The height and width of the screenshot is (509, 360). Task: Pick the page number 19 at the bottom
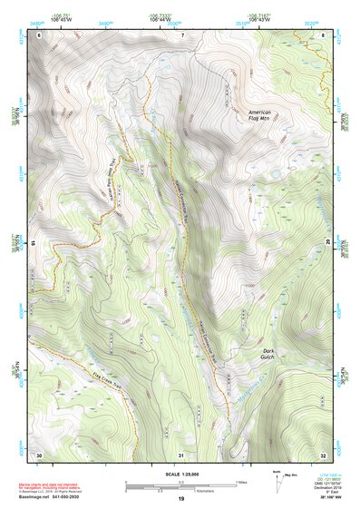click(180, 499)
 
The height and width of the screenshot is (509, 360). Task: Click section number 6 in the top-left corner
click(39, 34)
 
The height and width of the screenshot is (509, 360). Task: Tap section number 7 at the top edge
click(181, 34)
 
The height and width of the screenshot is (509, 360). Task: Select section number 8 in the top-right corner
click(323, 34)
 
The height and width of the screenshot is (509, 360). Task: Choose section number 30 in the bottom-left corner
click(39, 453)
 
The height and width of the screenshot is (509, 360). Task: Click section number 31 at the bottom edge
click(181, 453)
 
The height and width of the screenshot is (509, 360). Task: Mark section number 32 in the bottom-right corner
click(323, 453)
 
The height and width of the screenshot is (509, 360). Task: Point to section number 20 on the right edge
click(327, 242)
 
